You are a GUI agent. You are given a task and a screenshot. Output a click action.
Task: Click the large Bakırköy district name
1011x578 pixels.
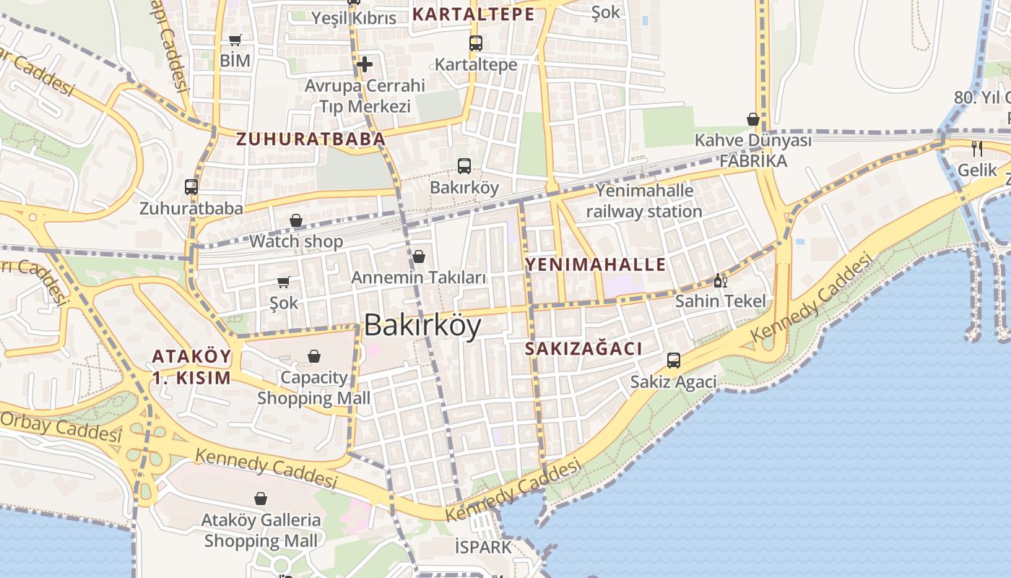(422, 326)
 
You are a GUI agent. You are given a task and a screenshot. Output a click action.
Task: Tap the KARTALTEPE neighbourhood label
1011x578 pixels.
(474, 14)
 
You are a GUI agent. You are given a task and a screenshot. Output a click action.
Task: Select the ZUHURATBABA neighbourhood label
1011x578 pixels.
(311, 139)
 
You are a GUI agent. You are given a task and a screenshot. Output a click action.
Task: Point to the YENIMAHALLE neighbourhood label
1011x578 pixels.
(596, 264)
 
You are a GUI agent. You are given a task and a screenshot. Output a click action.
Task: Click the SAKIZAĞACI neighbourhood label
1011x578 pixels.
(583, 349)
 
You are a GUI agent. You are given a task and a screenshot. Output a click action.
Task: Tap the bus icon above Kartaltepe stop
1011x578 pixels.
(475, 43)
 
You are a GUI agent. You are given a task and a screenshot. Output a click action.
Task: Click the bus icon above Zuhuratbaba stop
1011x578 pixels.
(191, 187)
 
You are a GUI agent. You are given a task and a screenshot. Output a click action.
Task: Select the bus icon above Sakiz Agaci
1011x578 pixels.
(674, 360)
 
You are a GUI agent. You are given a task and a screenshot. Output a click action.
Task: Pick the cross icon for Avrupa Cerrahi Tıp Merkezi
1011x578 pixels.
(365, 64)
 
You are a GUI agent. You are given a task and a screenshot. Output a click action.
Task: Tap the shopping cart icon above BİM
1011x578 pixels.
(235, 40)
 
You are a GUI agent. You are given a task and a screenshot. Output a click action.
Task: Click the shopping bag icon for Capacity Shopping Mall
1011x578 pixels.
(314, 356)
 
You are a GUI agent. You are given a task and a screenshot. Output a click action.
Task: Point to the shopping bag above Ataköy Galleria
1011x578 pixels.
(261, 499)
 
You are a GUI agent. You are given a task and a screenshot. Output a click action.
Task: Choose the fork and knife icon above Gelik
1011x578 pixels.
(977, 149)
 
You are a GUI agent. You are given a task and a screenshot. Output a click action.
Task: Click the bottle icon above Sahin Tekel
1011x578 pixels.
(720, 280)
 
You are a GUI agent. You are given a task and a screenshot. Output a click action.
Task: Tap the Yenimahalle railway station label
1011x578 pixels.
(643, 201)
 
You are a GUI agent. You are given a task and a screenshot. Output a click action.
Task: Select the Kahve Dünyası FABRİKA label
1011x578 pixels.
(752, 150)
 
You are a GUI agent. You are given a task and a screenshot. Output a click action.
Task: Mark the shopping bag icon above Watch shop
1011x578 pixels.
(296, 220)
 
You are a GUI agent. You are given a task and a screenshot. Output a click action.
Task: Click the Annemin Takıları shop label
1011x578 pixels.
(418, 277)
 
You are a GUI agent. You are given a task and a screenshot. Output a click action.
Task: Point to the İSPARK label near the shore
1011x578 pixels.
(483, 547)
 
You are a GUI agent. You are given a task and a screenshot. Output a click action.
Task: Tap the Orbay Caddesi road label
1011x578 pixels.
(61, 427)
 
